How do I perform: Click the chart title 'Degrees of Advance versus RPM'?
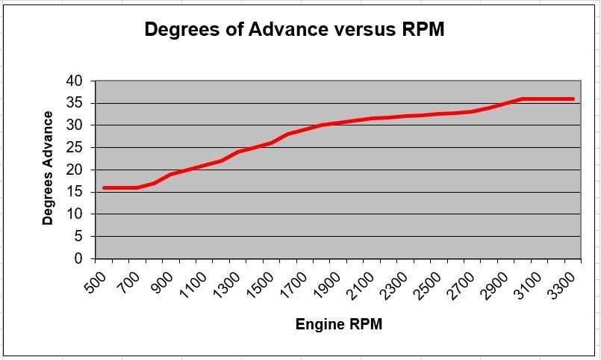click(x=294, y=30)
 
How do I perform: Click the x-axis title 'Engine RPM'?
click(x=339, y=324)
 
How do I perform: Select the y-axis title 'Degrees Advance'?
click(x=49, y=168)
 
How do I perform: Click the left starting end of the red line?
click(x=105, y=187)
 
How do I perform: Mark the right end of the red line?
click(x=573, y=99)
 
